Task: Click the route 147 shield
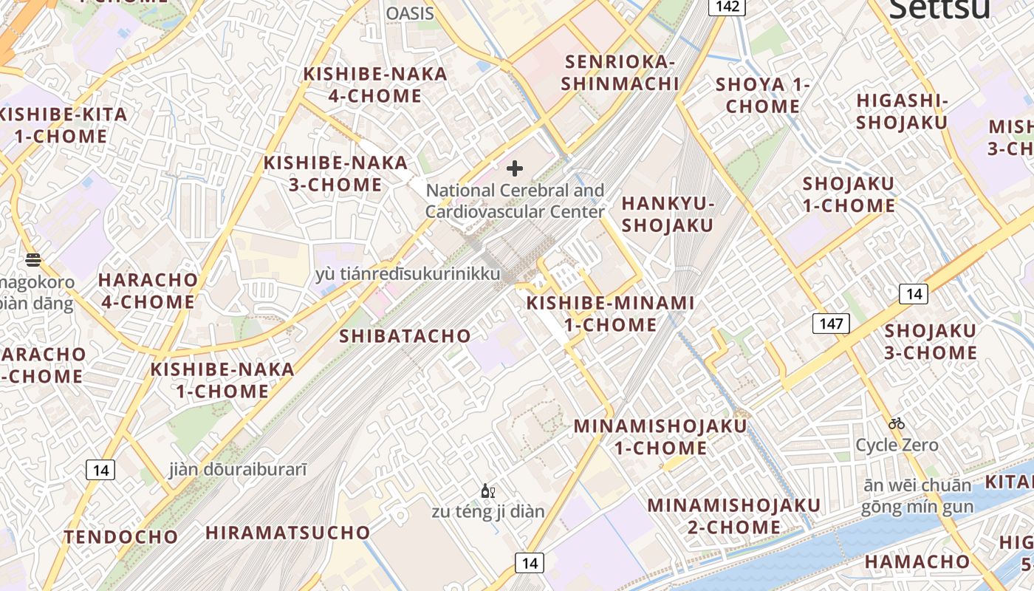(x=831, y=323)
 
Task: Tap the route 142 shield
(x=727, y=7)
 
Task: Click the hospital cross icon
(x=515, y=169)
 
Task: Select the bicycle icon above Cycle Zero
(x=897, y=423)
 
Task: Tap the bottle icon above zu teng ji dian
(x=487, y=491)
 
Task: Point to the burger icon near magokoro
(x=32, y=259)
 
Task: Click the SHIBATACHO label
(x=405, y=336)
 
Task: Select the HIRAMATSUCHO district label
(x=288, y=533)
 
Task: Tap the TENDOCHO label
(x=121, y=537)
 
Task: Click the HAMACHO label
(x=917, y=561)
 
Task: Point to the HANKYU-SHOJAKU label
(x=668, y=214)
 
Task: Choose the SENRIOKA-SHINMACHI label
(x=620, y=72)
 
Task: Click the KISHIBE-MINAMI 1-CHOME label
(x=610, y=313)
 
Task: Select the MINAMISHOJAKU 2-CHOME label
(x=734, y=516)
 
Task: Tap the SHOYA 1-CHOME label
(x=763, y=95)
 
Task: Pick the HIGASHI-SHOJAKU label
(x=901, y=111)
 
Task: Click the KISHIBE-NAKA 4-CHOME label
(x=375, y=85)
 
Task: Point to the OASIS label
(x=410, y=13)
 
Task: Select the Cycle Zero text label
(x=897, y=445)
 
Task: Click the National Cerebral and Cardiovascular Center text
(x=515, y=201)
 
